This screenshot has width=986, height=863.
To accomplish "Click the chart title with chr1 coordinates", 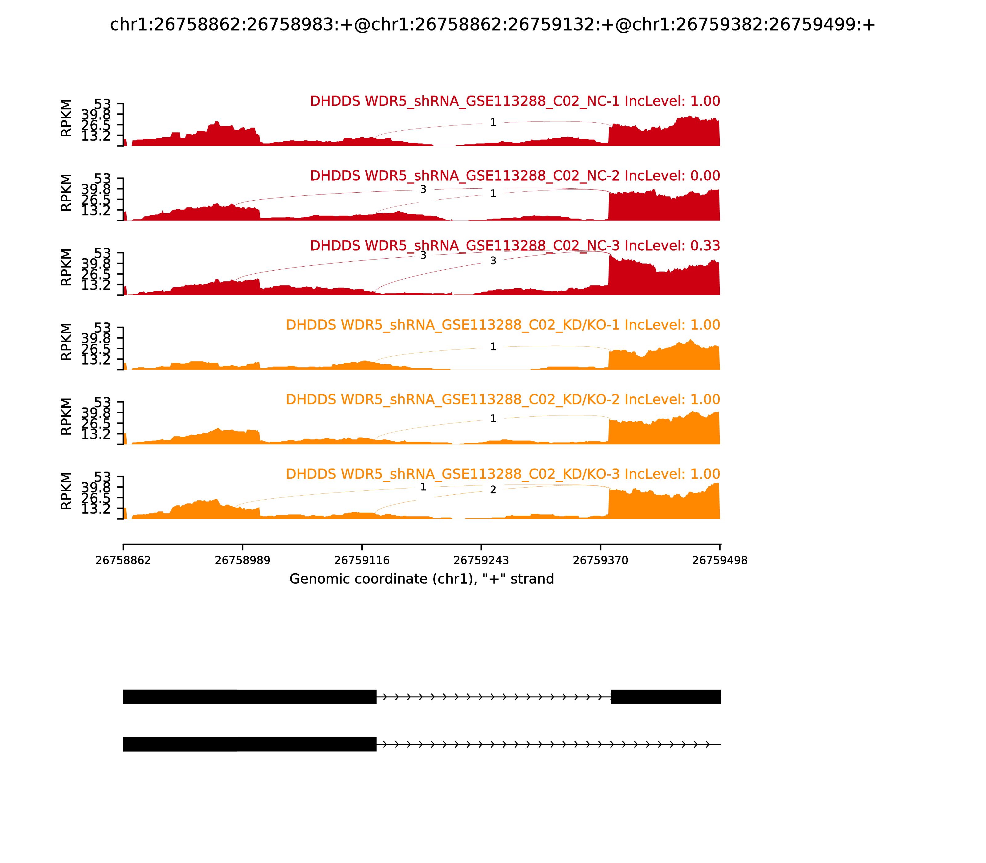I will [492, 25].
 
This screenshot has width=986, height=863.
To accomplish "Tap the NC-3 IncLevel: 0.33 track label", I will [515, 246].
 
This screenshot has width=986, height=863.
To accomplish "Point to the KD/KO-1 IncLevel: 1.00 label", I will [503, 325].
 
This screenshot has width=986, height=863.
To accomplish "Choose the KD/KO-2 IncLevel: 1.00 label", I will [503, 400].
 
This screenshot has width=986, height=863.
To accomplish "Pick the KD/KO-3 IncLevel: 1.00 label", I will [503, 474].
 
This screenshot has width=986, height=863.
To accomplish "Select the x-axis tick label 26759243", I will [481, 561].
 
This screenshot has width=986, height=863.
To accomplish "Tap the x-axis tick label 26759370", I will [600, 561].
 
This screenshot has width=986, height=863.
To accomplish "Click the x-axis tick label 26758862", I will [123, 561].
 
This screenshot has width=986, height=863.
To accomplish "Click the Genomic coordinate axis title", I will [422, 579].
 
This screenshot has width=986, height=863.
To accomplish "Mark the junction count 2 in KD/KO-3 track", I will [493, 490].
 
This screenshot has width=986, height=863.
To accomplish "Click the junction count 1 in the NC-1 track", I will [493, 122].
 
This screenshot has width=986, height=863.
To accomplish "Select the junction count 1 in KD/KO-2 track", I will [493, 419].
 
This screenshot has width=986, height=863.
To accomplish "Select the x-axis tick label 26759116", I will [361, 561].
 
